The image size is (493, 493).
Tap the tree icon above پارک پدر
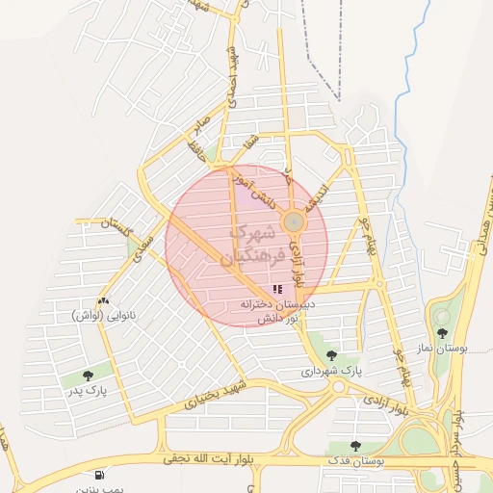[89, 375]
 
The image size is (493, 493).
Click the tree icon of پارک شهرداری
[331, 355]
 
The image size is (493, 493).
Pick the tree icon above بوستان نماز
[443, 333]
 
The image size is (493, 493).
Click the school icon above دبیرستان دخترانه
[277, 289]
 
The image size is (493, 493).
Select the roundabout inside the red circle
[294, 223]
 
